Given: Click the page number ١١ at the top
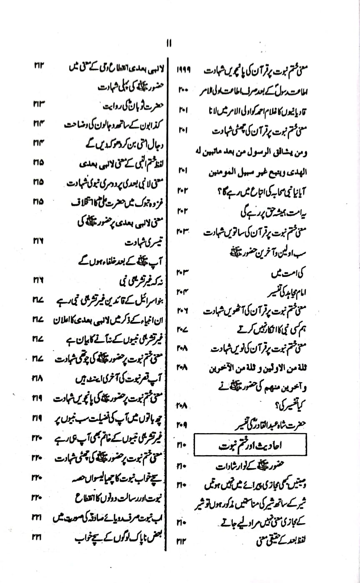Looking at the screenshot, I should click(x=169, y=43).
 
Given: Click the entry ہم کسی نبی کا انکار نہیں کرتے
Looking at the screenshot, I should click(x=255, y=329).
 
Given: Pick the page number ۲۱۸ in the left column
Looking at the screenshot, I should click(x=38, y=379).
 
